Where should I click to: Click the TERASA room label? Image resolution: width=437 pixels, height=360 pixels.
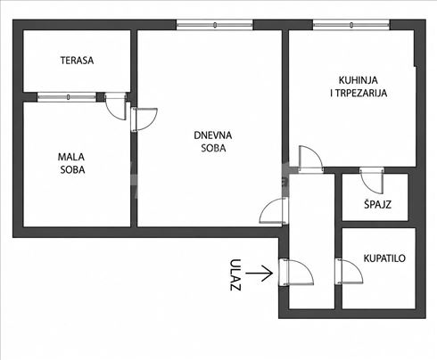77,61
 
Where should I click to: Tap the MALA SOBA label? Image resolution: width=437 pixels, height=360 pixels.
71,163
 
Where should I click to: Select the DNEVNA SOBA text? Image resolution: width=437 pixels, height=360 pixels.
213,142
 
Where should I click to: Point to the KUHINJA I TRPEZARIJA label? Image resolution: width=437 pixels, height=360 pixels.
359,86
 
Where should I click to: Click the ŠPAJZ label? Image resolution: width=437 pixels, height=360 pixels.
377,204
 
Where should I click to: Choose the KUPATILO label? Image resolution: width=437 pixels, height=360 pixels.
384,258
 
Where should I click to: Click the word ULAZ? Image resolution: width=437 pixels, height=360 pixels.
235,274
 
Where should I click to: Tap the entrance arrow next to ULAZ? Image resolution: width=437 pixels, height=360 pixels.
259,273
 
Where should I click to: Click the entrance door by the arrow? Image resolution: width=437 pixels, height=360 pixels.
296,273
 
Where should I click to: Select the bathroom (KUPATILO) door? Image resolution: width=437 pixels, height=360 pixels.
349,272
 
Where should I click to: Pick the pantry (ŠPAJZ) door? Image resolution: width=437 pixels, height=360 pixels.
372,181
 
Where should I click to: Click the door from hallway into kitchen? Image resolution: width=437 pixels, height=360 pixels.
311,159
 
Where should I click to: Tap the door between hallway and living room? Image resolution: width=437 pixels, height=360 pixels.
274,210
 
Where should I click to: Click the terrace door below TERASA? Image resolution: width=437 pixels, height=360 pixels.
116,106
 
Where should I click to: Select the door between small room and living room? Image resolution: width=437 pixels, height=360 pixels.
144,119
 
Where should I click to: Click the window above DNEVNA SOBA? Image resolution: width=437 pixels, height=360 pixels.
215,25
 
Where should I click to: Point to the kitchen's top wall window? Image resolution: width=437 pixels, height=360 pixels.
351,25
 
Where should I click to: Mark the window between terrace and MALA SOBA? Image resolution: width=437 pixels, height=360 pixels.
67,97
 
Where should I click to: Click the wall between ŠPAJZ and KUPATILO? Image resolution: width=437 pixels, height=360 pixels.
375,225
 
